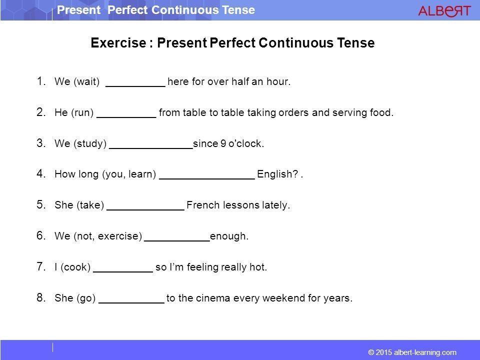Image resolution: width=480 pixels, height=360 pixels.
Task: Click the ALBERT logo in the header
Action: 444,10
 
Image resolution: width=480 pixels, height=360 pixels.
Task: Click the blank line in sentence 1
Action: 135,86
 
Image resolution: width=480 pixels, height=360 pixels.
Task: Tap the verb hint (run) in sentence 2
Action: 82,112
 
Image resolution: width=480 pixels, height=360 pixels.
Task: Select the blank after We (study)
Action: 151,148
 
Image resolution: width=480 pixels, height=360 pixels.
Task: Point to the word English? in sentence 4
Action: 277,174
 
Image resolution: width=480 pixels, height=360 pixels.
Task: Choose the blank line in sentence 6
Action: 177,241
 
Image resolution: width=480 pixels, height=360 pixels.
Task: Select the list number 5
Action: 41,204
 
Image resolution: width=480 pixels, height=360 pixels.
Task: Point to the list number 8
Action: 41,297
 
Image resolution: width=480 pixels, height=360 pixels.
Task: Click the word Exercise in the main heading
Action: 118,43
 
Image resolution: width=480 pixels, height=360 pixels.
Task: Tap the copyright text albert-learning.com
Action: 425,352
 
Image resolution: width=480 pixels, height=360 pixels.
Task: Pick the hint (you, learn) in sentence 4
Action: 129,174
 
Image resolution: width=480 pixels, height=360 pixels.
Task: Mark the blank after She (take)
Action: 145,209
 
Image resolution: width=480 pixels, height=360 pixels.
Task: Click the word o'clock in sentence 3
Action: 246,143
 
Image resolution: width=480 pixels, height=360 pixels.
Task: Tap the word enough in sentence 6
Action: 229,236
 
